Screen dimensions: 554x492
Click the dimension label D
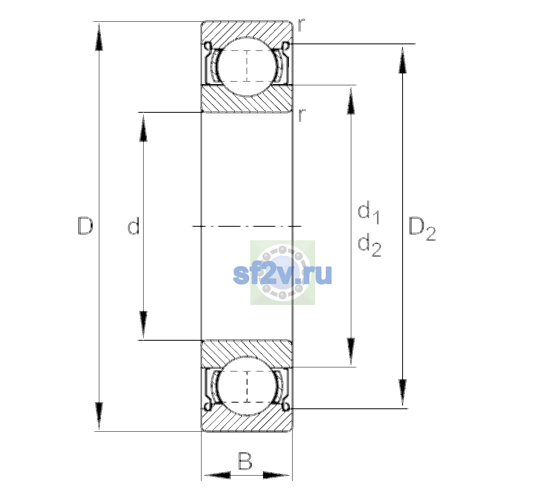(x=85, y=226)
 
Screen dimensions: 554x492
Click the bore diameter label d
(x=134, y=226)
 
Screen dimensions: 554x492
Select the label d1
(x=369, y=212)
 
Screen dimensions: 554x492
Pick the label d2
(x=369, y=245)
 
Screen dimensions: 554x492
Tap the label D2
(x=422, y=229)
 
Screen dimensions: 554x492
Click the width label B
(x=245, y=461)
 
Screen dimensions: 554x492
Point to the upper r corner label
(x=301, y=25)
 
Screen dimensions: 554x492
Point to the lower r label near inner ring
(x=302, y=115)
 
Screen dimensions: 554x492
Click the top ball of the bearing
(x=247, y=67)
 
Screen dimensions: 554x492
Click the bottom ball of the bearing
(x=247, y=386)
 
